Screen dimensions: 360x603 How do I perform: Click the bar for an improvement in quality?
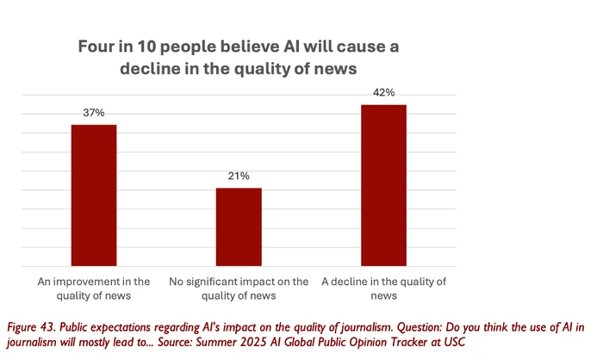(x=93, y=196)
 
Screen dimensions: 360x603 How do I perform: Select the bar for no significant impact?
(x=239, y=227)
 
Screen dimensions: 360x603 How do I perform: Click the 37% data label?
(x=93, y=114)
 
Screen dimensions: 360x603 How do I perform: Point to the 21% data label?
(x=239, y=177)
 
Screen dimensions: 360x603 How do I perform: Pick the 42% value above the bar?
(x=384, y=94)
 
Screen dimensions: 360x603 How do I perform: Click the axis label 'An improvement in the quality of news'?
(x=93, y=289)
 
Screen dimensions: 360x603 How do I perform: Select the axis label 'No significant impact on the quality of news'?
(x=239, y=289)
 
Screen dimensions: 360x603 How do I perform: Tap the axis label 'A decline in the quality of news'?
(x=384, y=289)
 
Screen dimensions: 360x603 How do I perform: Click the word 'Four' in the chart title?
(x=98, y=46)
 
